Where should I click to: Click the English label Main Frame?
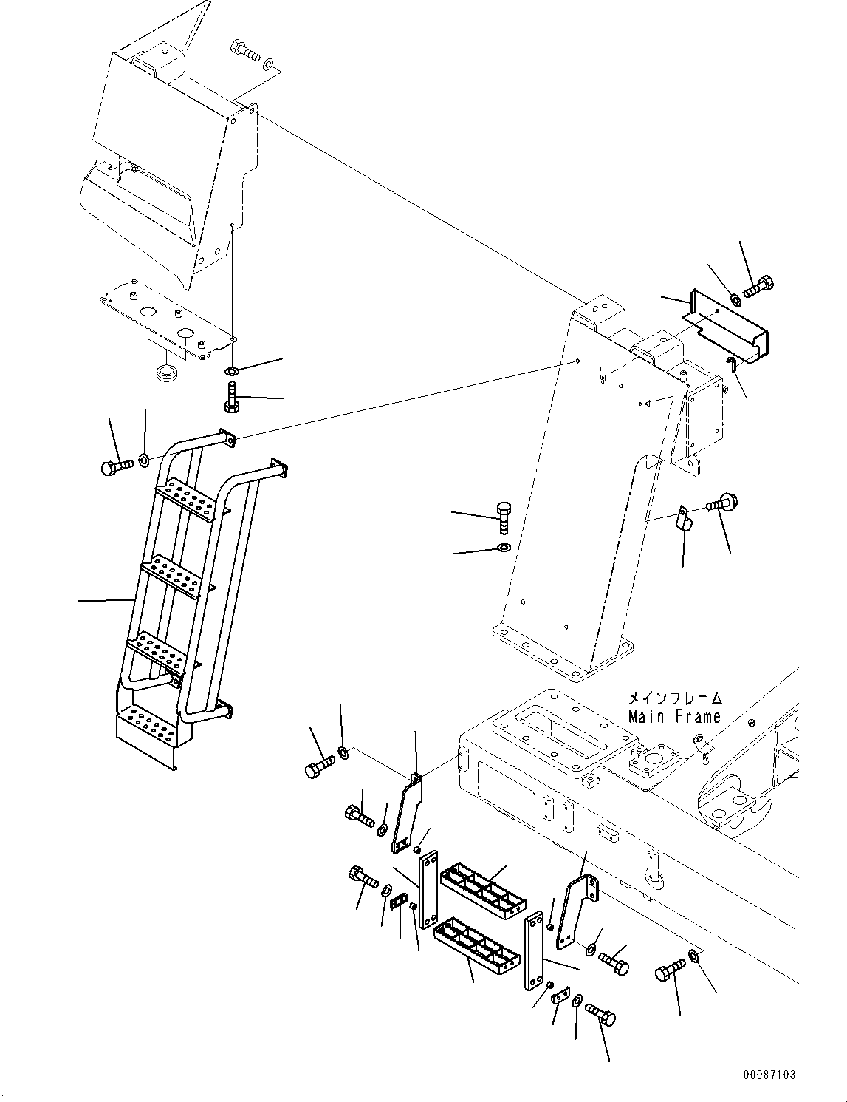tap(673, 715)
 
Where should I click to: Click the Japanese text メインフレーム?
tap(673, 698)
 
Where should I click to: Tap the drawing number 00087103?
tap(769, 1075)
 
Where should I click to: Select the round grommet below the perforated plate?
tap(171, 370)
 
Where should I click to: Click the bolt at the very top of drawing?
tap(247, 51)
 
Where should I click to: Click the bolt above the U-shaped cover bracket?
tap(759, 287)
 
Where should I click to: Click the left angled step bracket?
tap(405, 813)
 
